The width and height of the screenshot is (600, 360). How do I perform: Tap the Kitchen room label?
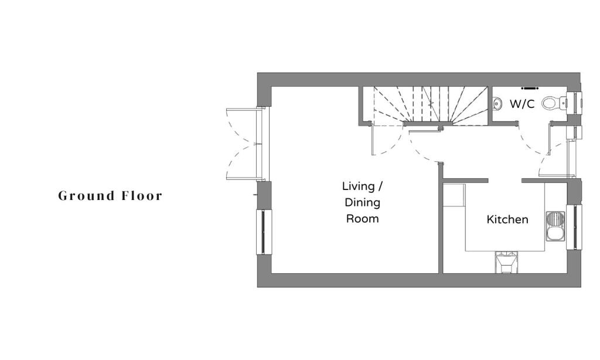click(x=507, y=220)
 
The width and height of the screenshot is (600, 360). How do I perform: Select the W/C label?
click(x=521, y=104)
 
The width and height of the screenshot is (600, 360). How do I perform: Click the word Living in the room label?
click(x=358, y=186)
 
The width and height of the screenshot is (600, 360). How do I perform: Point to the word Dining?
click(x=362, y=203)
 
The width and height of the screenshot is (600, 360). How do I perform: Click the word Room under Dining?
click(x=362, y=219)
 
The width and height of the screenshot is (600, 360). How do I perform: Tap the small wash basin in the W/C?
click(x=497, y=104)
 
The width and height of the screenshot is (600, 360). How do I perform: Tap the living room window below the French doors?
click(x=262, y=232)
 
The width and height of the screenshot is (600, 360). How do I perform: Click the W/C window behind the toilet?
click(x=576, y=103)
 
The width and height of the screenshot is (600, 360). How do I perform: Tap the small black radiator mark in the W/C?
click(x=530, y=89)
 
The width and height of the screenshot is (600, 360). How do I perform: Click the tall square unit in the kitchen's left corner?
click(x=454, y=195)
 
